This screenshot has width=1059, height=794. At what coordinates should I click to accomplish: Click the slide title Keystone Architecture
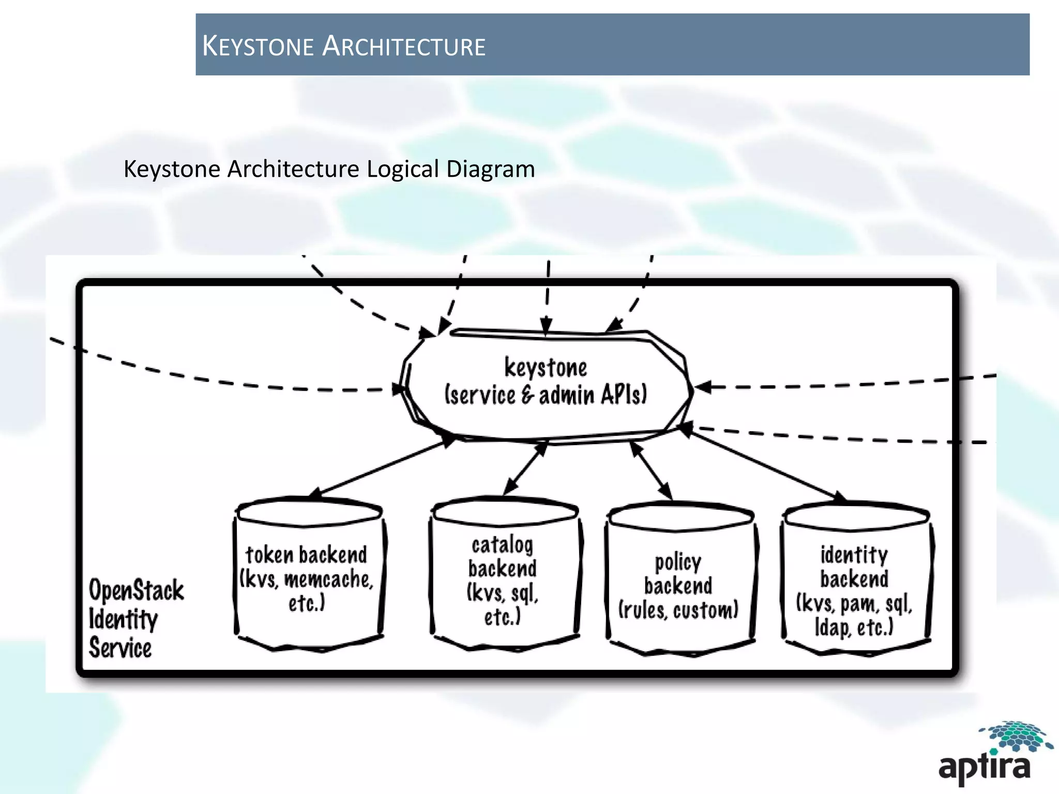344,46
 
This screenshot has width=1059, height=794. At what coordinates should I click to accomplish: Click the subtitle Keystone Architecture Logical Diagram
329,169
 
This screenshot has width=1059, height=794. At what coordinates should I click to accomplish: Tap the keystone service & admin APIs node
546,383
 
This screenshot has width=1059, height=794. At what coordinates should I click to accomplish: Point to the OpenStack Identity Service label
135,619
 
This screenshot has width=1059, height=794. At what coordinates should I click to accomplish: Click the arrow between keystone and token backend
383,467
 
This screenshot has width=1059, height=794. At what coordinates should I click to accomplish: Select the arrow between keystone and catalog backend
525,468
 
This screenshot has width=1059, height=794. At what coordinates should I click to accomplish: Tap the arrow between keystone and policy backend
651,471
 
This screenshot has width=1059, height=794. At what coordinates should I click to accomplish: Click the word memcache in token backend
329,579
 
